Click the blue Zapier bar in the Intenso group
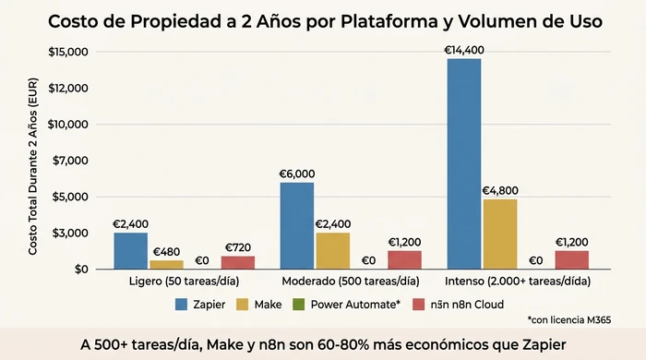point(464,163)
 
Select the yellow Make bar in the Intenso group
point(499,234)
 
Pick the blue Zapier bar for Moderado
point(297,225)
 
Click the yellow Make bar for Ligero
point(166,264)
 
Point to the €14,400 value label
point(464,50)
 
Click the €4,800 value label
point(500,191)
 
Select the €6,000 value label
point(297,174)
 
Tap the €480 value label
point(166,252)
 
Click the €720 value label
point(238,247)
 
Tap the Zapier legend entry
point(205,303)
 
